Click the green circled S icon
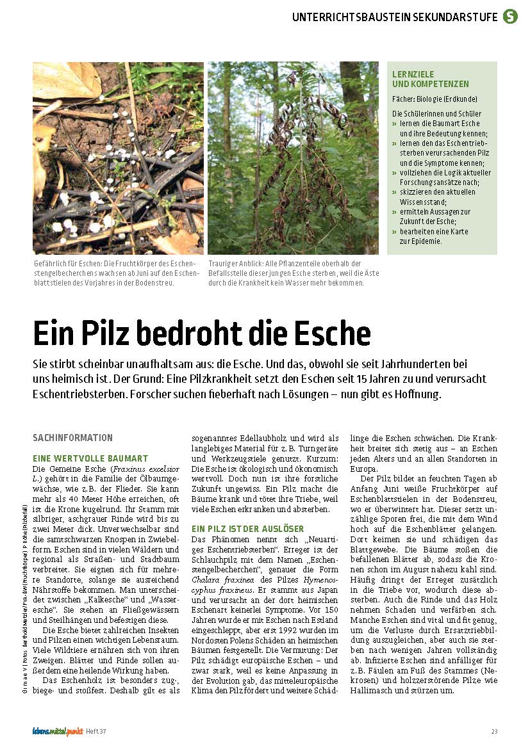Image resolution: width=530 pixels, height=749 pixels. coord(510,17)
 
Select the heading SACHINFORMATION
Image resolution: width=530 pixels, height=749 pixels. coord(72,438)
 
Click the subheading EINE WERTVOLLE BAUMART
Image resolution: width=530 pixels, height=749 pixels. coord(90,458)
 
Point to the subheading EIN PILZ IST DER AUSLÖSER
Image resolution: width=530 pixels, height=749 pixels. coord(248,528)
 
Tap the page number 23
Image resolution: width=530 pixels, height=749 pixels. coord(494,731)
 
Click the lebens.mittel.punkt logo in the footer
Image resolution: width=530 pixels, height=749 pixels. coord(58,730)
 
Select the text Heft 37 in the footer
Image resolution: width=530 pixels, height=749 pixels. coord(96,731)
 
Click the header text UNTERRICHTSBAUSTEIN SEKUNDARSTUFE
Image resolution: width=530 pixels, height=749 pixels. coord(395,17)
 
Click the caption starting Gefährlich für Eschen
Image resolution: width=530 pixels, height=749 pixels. coord(117,273)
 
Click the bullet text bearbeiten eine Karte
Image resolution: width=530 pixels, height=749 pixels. coord(434,231)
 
